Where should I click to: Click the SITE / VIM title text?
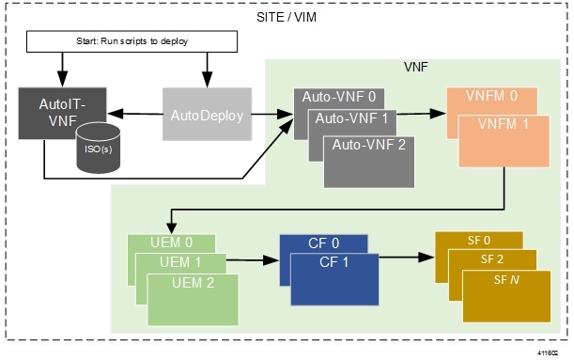point(287,17)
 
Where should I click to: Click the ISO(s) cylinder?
point(98,146)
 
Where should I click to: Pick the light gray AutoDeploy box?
point(208,114)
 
